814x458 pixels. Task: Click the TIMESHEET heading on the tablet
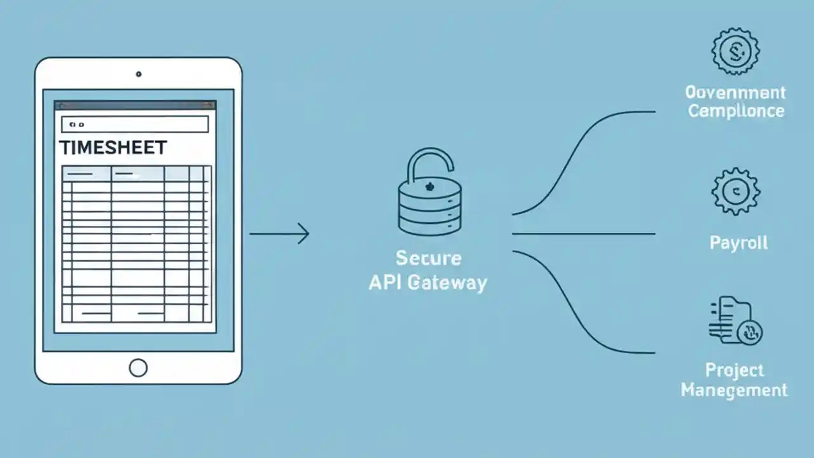113,148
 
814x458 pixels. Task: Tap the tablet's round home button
138,367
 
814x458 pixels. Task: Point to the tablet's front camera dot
139,74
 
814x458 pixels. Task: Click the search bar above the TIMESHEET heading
135,124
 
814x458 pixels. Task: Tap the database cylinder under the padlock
430,207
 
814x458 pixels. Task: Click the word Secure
428,258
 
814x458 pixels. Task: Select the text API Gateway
428,282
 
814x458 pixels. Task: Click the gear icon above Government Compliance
736,51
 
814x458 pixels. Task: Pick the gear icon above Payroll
736,191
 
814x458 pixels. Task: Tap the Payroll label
738,243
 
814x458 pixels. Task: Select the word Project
735,370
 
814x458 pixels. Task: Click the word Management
735,389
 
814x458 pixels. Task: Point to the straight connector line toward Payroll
583,234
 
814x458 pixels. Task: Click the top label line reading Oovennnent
735,93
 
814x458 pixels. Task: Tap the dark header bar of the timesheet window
135,106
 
